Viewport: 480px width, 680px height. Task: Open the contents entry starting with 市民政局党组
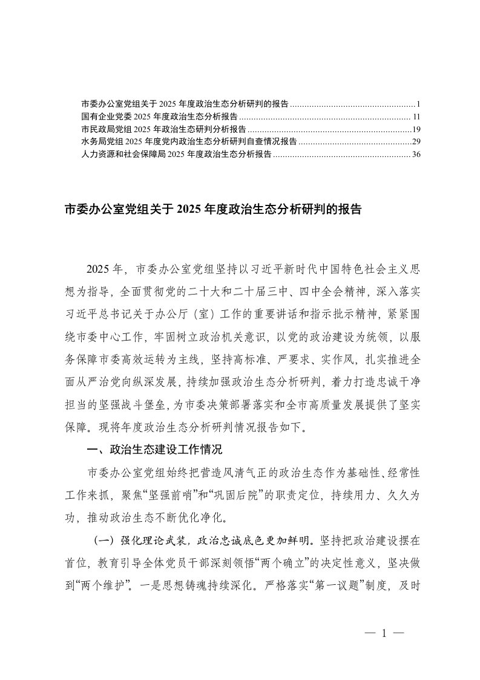pyautogui.click(x=163, y=128)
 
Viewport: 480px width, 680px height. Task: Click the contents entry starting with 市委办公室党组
pyautogui.click(x=185, y=102)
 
